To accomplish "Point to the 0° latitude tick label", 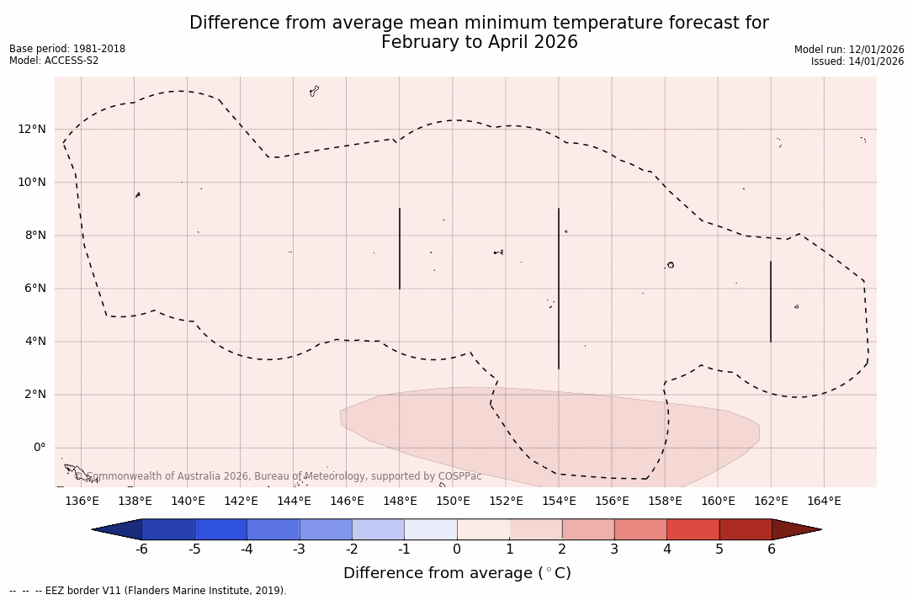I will click(38, 448).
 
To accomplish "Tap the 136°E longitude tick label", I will click(82, 502).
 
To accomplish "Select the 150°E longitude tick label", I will click(453, 502).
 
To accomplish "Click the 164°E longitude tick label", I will click(824, 502).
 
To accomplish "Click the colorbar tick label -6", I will click(141, 550).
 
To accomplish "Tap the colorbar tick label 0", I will click(457, 550).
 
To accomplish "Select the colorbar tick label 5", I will click(719, 550).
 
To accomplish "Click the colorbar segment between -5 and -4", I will click(220, 529).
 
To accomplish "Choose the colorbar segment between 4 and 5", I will click(693, 529).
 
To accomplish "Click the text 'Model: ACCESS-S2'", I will click(54, 61).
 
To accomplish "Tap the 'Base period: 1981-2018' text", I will click(67, 49).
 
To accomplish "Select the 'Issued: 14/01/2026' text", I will click(857, 61).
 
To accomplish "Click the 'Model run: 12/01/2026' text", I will click(848, 50).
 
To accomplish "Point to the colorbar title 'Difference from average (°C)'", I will click(457, 573).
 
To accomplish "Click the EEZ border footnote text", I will click(147, 591).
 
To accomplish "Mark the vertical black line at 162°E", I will click(771, 301).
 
